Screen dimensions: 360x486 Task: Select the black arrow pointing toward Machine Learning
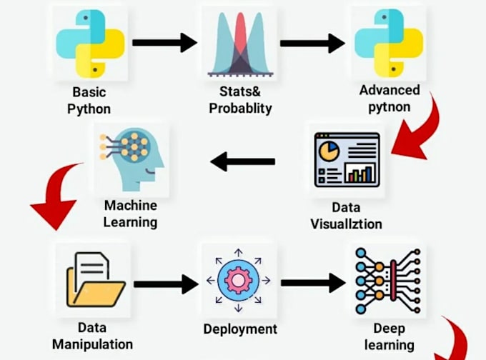pyautogui.click(x=243, y=162)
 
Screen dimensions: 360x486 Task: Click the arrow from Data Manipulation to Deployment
pyautogui.click(x=165, y=284)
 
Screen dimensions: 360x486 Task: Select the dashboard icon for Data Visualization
pyautogui.click(x=347, y=161)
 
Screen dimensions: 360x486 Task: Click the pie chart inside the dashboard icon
pyautogui.click(x=329, y=151)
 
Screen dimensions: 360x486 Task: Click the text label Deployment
pyautogui.click(x=240, y=329)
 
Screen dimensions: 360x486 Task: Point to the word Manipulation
pyautogui.click(x=92, y=344)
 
